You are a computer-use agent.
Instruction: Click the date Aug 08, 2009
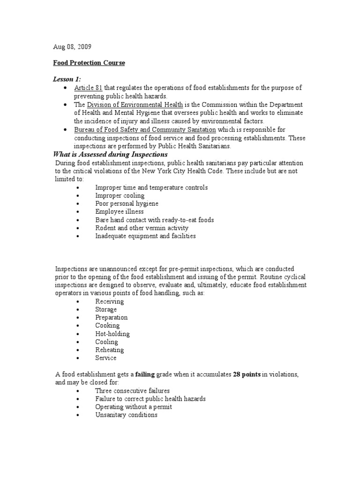(72, 47)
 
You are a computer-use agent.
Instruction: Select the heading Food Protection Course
(89, 63)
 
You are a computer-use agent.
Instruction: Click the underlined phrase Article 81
(88, 88)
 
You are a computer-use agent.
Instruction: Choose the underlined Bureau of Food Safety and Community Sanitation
(145, 129)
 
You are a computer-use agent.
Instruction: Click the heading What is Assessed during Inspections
(111, 154)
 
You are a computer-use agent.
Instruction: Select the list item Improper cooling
(120, 195)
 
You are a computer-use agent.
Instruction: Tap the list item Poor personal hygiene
(127, 203)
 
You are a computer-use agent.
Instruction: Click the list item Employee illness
(119, 211)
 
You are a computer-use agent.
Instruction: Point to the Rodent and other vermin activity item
(142, 228)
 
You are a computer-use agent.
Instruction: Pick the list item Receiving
(109, 301)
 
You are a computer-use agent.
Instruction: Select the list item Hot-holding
(112, 334)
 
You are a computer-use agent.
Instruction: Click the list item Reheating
(109, 350)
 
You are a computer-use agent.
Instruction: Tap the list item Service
(105, 358)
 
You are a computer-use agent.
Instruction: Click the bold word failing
(145, 375)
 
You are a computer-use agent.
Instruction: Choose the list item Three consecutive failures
(132, 390)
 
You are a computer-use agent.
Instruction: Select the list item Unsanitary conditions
(126, 415)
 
